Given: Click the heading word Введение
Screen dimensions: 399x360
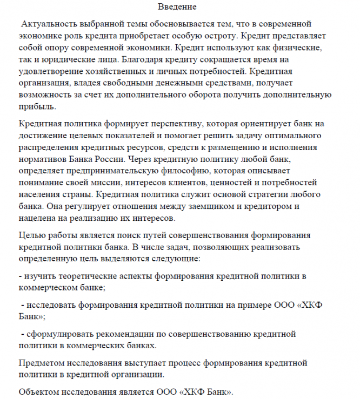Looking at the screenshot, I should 177,7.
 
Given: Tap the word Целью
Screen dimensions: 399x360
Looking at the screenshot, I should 32,234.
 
